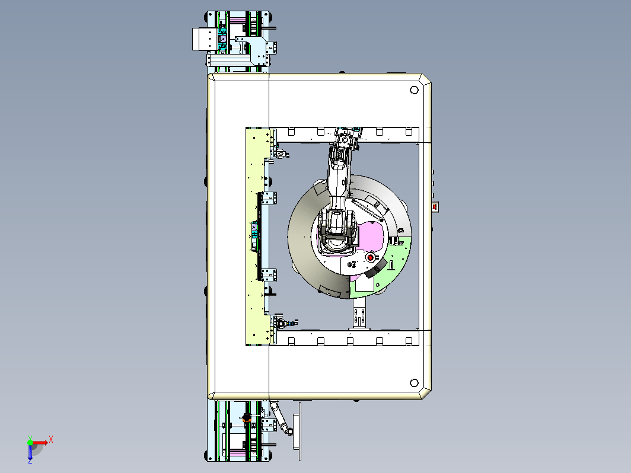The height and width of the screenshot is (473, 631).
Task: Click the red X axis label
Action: pos(51,439)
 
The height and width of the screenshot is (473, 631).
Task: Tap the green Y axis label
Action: pos(30,437)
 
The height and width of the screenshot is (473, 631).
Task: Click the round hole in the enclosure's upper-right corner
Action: pos(414,90)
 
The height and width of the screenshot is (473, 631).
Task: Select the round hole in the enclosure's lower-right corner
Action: pos(414,382)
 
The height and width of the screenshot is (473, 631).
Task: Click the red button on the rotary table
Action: pos(371,257)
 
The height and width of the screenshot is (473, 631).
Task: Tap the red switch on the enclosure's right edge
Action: pos(435,207)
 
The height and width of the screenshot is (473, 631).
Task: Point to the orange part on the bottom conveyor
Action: pos(247,418)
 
